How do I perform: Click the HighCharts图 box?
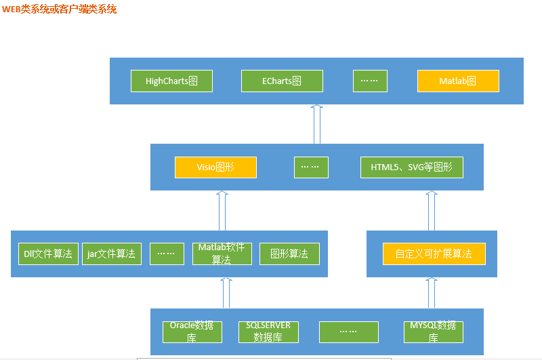pyautogui.click(x=171, y=81)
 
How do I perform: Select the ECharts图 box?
pyautogui.click(x=282, y=81)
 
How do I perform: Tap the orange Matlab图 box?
pyautogui.click(x=458, y=81)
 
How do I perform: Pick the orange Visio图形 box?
pyautogui.click(x=215, y=167)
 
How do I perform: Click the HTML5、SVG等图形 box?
pyautogui.click(x=412, y=167)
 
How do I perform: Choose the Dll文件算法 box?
pyautogui.click(x=48, y=254)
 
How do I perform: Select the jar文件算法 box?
pyautogui.click(x=112, y=254)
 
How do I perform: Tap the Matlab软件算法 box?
pyautogui.click(x=222, y=254)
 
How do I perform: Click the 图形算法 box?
pyautogui.click(x=289, y=254)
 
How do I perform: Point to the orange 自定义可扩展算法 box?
pyautogui.click(x=434, y=254)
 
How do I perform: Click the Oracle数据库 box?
pyautogui.click(x=192, y=332)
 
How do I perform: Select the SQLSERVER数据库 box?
pyautogui.click(x=268, y=332)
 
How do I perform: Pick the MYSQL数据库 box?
pyautogui.click(x=434, y=332)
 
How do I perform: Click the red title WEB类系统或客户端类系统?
pyautogui.click(x=59, y=9)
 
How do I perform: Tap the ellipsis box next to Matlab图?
pyautogui.click(x=370, y=81)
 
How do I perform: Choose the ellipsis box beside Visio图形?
pyautogui.click(x=311, y=167)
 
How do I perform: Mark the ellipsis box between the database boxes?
pyautogui.click(x=349, y=332)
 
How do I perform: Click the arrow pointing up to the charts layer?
pyautogui.click(x=317, y=124)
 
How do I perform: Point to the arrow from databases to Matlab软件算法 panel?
pyautogui.click(x=226, y=293)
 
